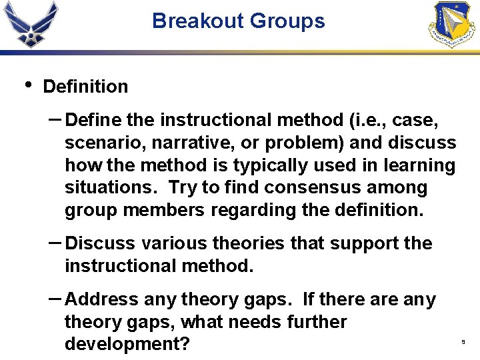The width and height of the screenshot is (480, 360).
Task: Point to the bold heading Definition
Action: pos(85,87)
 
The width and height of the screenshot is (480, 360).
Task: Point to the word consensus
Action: pos(308,188)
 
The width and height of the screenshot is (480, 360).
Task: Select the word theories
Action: pos(233,244)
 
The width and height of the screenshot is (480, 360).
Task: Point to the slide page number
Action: pos(463,342)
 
